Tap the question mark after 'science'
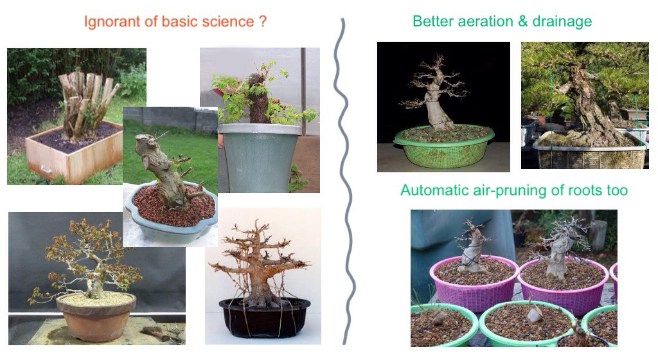[x=262, y=21]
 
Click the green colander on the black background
[x=443, y=145]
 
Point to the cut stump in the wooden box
[x=87, y=103]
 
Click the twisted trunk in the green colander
[x=438, y=106]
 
